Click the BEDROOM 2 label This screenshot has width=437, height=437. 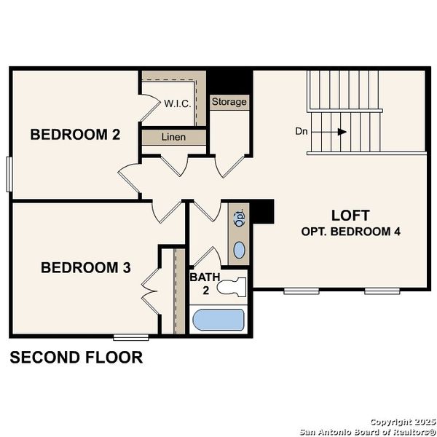[x=74, y=135]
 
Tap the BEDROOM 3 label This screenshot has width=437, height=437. [x=85, y=268]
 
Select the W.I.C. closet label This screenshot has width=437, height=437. [x=177, y=103]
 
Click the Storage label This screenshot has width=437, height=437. [x=229, y=102]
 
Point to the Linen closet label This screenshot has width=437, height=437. [x=173, y=137]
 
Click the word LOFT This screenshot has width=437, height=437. [x=350, y=216]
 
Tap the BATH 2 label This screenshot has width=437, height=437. [x=201, y=283]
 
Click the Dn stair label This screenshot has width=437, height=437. [x=302, y=132]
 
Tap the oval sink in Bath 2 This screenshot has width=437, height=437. [x=239, y=251]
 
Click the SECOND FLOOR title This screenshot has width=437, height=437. [x=76, y=358]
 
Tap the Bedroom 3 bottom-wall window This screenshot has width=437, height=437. [x=131, y=336]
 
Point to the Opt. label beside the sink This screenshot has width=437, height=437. [x=239, y=218]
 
